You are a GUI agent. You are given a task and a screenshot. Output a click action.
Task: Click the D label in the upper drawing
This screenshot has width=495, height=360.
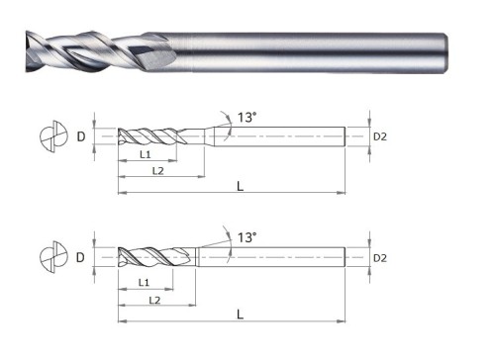(x=81, y=136)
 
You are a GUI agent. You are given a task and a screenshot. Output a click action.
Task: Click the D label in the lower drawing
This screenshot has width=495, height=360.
(x=80, y=257)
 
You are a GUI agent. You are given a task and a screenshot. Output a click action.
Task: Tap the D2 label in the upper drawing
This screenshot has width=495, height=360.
(x=380, y=136)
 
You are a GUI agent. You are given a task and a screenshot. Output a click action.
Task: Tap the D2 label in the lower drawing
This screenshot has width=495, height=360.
(x=380, y=258)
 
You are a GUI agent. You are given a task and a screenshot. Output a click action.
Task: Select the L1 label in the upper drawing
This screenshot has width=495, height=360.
(x=146, y=154)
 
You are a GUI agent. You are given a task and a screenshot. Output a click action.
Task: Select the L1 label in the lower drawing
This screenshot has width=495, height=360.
(x=144, y=282)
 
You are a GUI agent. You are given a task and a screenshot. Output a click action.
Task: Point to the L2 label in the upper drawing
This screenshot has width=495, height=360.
(x=158, y=171)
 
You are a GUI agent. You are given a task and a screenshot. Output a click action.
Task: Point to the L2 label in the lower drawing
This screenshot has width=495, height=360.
(x=154, y=300)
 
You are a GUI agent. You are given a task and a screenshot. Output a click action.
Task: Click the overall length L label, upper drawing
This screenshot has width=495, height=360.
(x=240, y=186)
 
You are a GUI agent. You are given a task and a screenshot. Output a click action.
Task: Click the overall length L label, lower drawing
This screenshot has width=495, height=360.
(x=240, y=315)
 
